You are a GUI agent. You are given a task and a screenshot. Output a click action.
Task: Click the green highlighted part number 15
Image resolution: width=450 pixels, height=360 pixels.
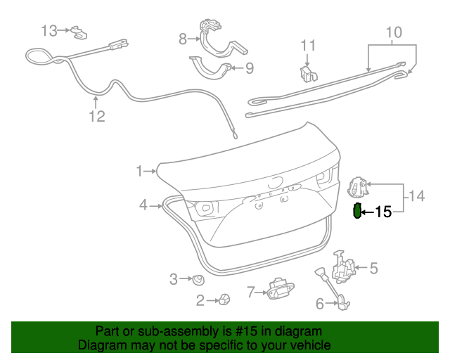(x=357, y=211)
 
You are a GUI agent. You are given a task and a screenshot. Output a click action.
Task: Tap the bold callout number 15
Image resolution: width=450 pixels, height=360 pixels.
(x=383, y=212)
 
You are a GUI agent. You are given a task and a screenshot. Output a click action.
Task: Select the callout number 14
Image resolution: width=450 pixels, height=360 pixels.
(x=416, y=196)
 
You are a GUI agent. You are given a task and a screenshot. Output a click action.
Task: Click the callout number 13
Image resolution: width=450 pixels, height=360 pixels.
(x=50, y=31)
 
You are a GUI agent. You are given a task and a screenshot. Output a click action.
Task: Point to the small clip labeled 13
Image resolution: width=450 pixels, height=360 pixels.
(x=79, y=32)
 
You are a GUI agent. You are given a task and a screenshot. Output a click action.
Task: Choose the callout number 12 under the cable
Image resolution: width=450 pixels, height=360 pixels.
(x=97, y=116)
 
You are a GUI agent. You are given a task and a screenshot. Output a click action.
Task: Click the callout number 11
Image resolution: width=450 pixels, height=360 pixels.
(x=308, y=46)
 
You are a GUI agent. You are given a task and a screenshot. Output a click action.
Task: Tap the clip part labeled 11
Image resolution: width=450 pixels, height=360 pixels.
(x=308, y=74)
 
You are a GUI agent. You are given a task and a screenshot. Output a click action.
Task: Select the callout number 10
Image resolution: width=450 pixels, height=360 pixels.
(x=394, y=32)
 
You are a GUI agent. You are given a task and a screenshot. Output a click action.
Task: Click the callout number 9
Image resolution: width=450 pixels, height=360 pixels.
(x=250, y=68)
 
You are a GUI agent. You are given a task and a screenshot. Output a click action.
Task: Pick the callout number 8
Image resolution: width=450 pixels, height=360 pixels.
(x=183, y=39)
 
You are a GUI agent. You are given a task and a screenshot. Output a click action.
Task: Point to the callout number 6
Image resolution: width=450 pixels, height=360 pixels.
(x=320, y=304)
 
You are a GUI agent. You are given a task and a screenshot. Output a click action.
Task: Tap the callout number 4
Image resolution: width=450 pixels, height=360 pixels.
(x=143, y=205)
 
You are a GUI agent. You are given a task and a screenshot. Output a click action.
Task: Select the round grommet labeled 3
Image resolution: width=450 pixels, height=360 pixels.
(x=198, y=280)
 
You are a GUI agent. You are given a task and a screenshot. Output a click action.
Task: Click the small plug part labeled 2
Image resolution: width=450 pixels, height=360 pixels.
(x=224, y=300)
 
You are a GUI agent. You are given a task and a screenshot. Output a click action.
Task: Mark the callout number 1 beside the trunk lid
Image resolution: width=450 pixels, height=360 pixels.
(x=139, y=171)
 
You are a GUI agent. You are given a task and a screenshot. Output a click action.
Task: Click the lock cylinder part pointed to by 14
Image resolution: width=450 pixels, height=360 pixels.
(x=358, y=187)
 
